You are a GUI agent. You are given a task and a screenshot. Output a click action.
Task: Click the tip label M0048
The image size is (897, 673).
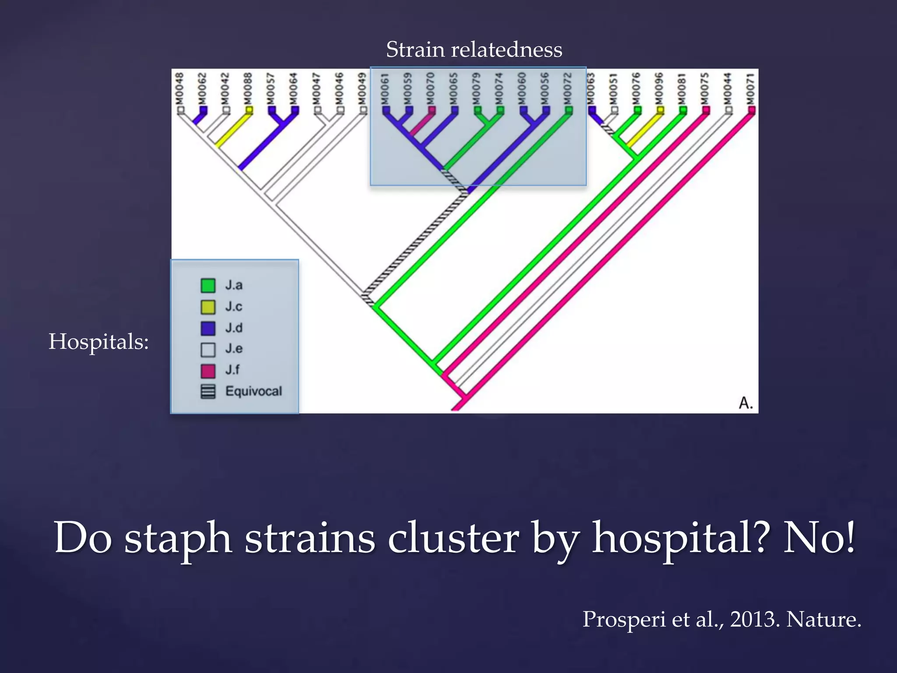(180, 89)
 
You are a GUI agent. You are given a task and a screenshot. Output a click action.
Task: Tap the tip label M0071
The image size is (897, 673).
(751, 89)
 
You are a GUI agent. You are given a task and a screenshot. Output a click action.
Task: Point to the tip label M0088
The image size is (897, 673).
(248, 89)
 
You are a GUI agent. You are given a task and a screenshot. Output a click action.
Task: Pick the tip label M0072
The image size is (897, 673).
(568, 89)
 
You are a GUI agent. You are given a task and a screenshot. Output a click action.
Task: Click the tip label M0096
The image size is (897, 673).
(659, 89)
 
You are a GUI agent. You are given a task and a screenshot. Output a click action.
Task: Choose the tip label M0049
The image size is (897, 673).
(362, 89)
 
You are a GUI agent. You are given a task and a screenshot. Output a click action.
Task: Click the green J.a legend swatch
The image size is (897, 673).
(208, 286)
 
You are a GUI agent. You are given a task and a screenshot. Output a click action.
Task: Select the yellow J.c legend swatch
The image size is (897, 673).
(208, 307)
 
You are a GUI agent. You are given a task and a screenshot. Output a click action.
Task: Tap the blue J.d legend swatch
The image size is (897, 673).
(208, 328)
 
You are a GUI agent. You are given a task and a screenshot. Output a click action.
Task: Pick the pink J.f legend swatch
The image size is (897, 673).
(208, 371)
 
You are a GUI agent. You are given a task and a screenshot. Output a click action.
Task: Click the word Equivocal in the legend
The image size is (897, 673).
(254, 391)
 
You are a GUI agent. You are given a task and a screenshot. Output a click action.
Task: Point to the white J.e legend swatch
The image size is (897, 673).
(208, 350)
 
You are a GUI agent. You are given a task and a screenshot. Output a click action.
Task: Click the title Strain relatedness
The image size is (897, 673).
(474, 50)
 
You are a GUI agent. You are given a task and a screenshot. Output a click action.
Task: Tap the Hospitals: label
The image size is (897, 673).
(99, 341)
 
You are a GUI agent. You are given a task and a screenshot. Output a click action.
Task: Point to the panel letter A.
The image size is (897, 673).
(745, 402)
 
